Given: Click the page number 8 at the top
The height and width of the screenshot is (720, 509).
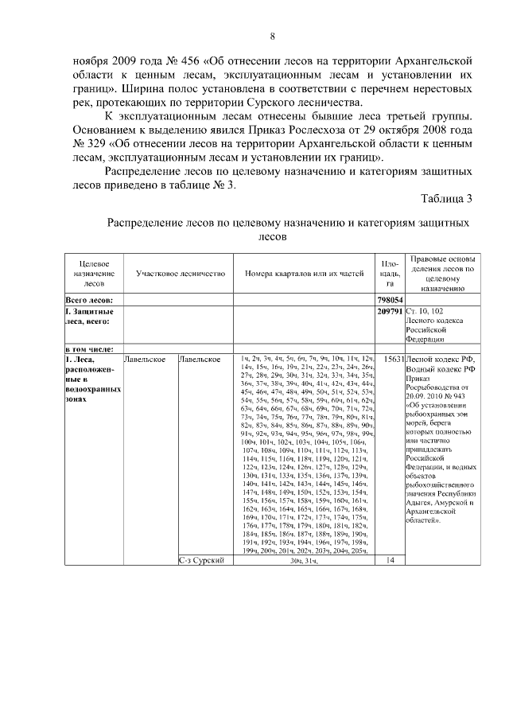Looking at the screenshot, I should point(273,36).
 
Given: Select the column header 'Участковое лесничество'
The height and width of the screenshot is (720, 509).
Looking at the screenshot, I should point(180,274).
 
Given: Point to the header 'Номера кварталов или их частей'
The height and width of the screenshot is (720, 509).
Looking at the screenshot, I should point(303,274).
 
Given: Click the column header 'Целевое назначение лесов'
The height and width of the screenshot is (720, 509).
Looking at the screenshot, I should point(93,273).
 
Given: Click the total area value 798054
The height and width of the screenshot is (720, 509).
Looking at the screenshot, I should point(390,300).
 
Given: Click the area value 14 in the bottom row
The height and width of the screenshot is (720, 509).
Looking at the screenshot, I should point(390,561).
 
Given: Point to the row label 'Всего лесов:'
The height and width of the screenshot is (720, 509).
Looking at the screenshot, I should point(89,300).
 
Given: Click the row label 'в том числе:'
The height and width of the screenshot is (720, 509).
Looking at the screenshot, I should point(89,348).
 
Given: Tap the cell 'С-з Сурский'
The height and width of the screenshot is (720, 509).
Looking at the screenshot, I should point(202,561).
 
